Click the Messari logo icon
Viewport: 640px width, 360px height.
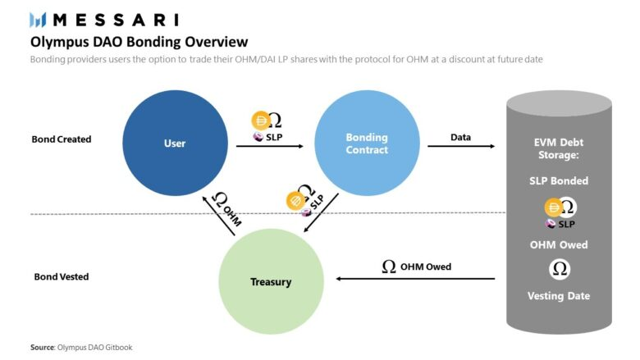pos(38,19)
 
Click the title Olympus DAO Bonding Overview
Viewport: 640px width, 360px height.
pos(139,41)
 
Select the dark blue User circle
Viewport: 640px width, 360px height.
pos(175,144)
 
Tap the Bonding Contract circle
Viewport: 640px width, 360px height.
pos(367,144)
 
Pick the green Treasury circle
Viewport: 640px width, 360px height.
pos(271,282)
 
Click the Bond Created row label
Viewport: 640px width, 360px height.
pos(61,139)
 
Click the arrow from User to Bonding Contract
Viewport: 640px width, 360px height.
pos(270,147)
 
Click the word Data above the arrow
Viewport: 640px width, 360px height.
pos(460,137)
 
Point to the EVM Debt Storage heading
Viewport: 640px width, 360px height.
pos(560,148)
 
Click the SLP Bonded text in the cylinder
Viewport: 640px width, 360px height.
pos(560,180)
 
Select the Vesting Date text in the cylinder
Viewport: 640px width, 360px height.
pos(560,296)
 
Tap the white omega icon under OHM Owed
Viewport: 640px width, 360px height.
pos(560,270)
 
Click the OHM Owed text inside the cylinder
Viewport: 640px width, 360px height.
pos(560,244)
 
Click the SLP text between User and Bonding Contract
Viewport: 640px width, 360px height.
pos(272,137)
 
